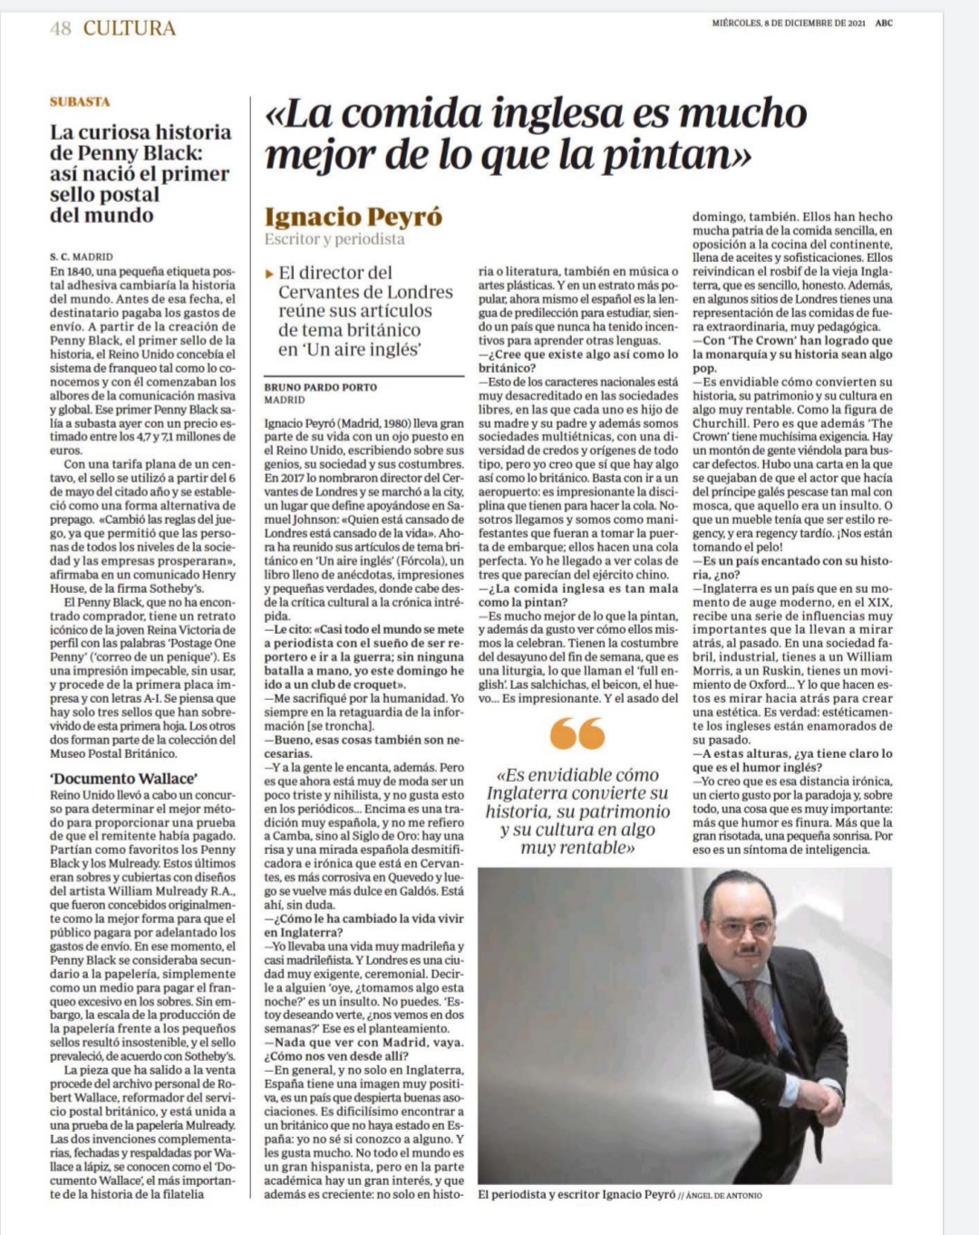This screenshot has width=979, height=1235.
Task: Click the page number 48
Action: coord(61,28)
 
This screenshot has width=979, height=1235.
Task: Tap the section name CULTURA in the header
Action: coord(129,28)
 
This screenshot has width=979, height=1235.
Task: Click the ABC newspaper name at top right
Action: coord(884,24)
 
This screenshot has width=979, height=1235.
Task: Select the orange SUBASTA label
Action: coord(80,102)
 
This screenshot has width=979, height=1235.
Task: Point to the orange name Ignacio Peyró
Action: coord(354,217)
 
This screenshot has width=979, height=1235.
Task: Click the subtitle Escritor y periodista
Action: coord(334,239)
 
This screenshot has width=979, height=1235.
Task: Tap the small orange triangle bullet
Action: coord(269,273)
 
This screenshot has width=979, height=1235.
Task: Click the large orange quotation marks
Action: coord(577,733)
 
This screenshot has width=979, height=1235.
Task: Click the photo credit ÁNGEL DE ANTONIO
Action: coord(724,1195)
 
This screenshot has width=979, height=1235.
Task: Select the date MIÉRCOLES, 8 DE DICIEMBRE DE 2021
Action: coord(789,24)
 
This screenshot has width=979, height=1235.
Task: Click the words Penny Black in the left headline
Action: coord(126,152)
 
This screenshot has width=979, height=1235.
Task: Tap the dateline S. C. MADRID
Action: coord(82,257)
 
